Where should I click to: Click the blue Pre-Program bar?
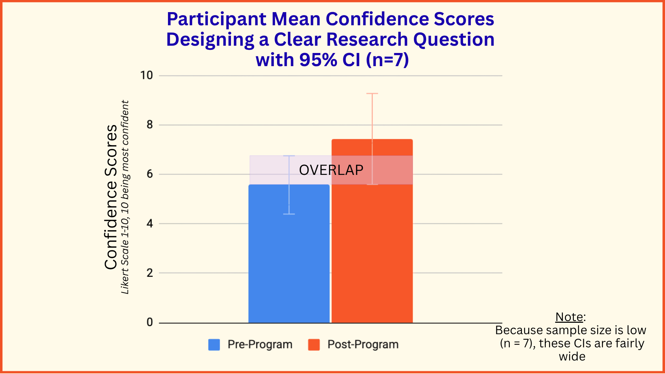(289, 253)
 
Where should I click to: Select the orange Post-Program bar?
(372, 231)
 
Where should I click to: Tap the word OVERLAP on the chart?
(331, 170)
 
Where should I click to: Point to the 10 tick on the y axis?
(147, 75)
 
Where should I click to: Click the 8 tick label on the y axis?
(150, 125)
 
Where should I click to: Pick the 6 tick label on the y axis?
(150, 174)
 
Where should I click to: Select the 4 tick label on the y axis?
(150, 224)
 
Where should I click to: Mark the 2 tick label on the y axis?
(150, 273)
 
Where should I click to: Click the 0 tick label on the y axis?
(150, 322)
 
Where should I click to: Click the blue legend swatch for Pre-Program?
(214, 345)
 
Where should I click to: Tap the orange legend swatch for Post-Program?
(314, 345)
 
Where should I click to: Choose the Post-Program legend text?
(363, 345)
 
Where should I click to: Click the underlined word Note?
(569, 317)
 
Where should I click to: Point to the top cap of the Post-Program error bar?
(372, 93)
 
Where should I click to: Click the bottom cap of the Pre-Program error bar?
(289, 214)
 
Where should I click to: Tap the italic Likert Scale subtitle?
(125, 197)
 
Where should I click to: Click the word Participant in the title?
(216, 19)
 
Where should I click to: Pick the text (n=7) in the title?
(388, 60)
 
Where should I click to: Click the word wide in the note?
(572, 356)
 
